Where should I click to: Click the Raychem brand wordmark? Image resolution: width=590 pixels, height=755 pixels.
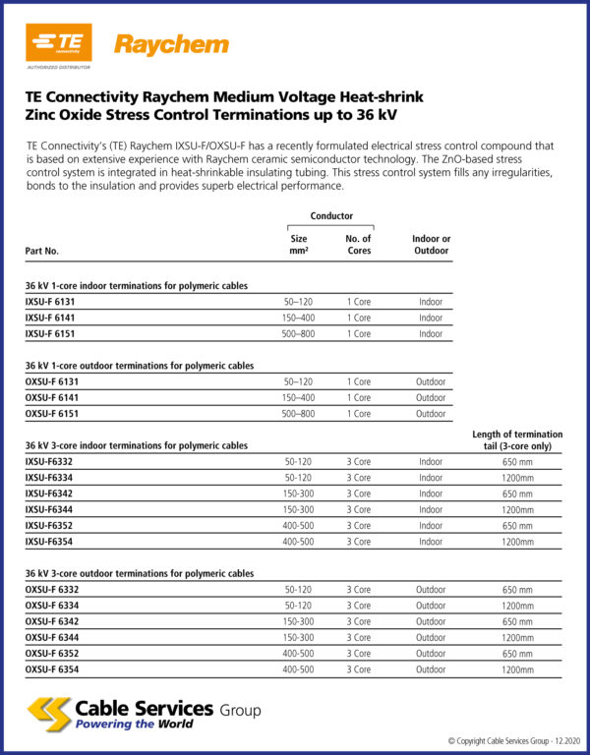(171, 44)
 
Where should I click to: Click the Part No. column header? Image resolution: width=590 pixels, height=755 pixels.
(41, 251)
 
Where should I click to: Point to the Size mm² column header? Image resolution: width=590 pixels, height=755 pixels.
(298, 244)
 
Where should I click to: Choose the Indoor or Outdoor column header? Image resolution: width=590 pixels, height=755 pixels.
(431, 244)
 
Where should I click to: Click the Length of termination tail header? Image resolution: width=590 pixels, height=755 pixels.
(517, 439)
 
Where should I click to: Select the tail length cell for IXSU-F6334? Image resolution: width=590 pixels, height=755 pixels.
(517, 478)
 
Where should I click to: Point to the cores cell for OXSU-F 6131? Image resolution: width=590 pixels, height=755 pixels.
(358, 381)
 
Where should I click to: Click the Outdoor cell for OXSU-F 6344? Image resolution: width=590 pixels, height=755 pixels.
(431, 637)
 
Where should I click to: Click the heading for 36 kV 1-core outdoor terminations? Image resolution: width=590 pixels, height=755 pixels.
(139, 365)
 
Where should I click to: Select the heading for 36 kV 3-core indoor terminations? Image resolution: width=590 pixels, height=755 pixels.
(136, 445)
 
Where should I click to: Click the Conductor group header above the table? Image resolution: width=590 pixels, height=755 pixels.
(331, 215)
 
